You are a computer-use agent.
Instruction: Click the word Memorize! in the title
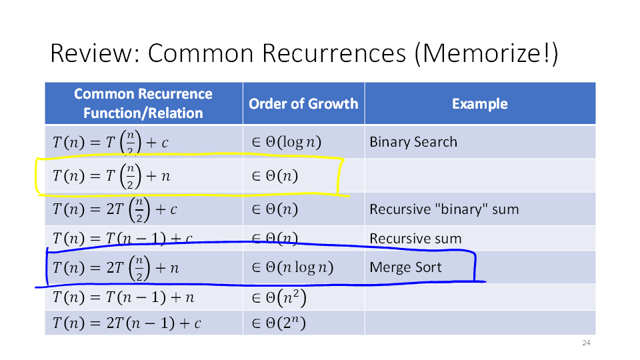pos(486,53)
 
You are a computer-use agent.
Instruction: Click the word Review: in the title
pos(95,53)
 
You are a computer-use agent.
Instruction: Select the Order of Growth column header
pos(303,104)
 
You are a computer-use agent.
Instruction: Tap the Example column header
pos(480,104)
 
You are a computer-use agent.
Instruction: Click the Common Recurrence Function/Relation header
pos(143,103)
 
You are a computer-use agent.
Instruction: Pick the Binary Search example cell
pos(413,141)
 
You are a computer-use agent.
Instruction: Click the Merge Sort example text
pos(405,267)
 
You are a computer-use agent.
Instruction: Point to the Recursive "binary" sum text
pos(444,209)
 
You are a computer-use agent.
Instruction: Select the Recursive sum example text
pos(415,239)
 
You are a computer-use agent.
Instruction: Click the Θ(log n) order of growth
pos(287,142)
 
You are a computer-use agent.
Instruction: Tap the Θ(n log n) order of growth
pos(293,267)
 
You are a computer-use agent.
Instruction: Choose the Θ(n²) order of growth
pos(279,297)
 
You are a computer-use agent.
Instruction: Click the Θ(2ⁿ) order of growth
pos(279,323)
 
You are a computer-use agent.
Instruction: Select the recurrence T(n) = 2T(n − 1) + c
pos(127,323)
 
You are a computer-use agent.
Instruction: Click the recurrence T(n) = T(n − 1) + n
pos(123,297)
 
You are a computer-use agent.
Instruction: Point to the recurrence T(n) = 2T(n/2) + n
pos(116,268)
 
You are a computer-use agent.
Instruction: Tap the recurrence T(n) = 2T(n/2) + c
pos(115,209)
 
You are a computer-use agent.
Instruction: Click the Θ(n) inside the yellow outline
pos(275,176)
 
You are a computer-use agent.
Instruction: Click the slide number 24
pos(586,343)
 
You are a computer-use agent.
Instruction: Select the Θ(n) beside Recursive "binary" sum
pos(275,209)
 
